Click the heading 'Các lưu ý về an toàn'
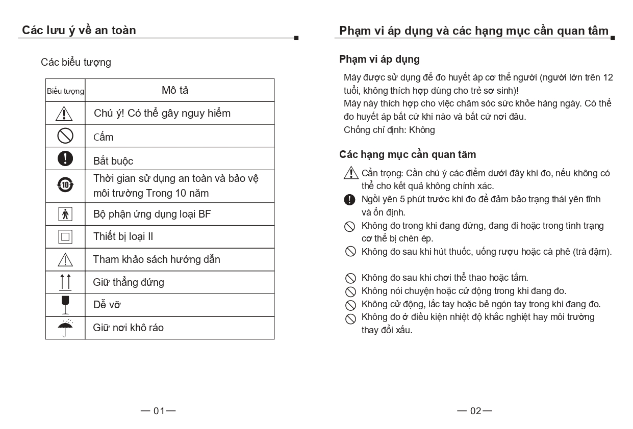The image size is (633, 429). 79,30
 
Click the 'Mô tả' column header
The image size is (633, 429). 175,90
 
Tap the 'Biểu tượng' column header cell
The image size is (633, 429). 65,91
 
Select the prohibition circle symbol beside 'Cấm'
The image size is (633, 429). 65,136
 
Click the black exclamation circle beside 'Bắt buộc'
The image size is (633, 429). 65,158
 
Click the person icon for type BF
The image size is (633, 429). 65,214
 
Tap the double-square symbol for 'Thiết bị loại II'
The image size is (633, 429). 65,237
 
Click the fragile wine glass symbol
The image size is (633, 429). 65,305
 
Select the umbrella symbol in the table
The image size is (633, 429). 65,328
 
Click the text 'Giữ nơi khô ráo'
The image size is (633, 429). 129,328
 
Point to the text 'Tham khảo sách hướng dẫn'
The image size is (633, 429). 157,259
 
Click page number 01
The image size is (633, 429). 159,411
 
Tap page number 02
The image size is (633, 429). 475,411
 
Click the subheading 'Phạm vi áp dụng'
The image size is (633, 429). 379,59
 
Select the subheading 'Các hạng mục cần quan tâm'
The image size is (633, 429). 408,154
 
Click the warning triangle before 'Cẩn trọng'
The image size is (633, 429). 351,173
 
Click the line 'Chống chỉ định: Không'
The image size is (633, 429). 389,130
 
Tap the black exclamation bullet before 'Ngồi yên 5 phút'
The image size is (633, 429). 350,200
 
